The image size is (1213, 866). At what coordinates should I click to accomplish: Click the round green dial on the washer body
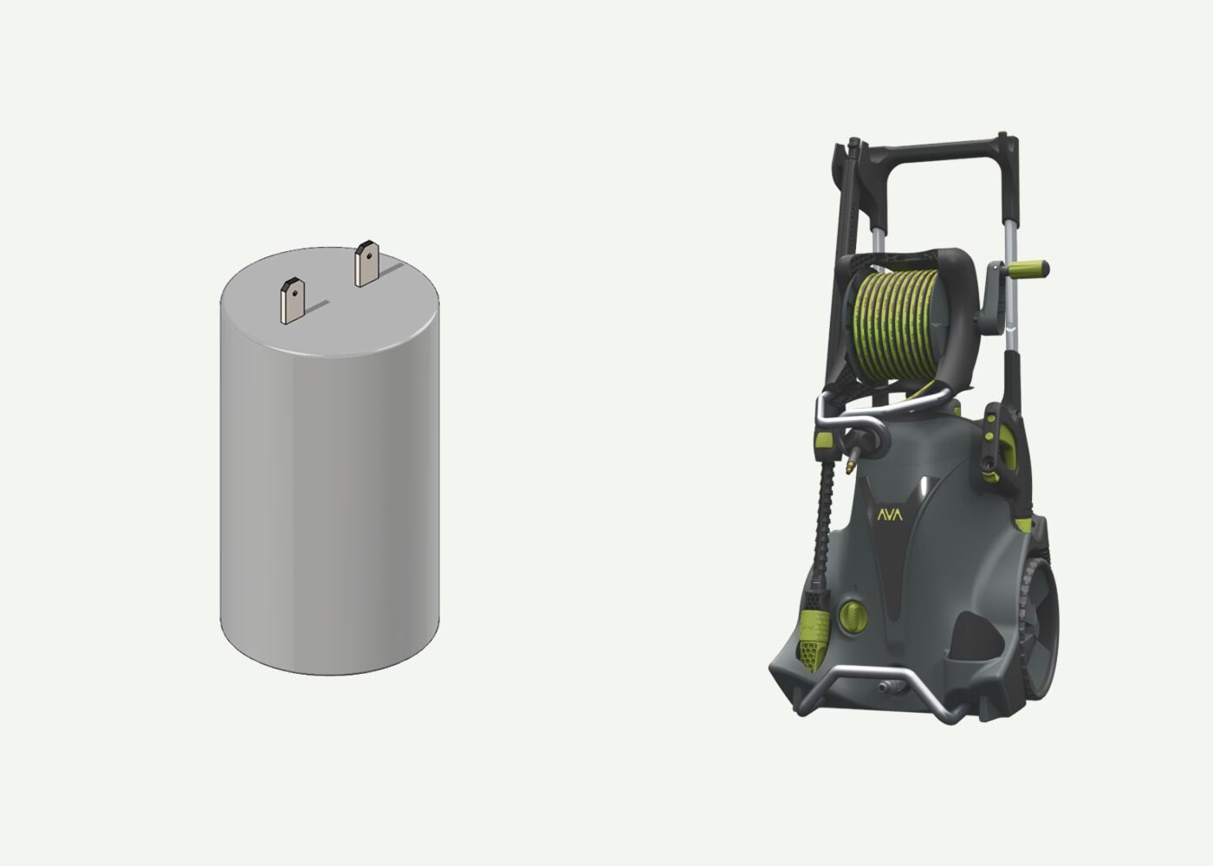tap(854, 617)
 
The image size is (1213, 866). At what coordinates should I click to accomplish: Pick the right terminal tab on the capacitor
tap(366, 265)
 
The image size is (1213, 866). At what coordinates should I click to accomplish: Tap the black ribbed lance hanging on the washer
tap(818, 528)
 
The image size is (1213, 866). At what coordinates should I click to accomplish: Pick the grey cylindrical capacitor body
tap(329, 485)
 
